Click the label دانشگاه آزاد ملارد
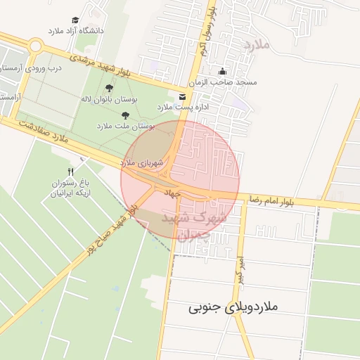75,31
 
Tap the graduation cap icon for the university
75,20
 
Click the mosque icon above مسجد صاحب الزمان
223,71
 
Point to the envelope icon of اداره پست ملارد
183,96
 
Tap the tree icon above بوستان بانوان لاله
108,88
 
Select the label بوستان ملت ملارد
124,126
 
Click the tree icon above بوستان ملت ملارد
125,115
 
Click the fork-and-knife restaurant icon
70,172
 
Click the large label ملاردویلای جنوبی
234,307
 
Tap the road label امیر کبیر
239,269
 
